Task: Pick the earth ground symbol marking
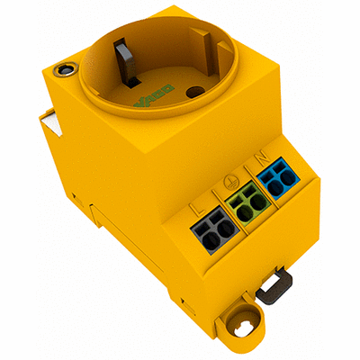[232, 183]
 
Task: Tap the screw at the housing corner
[62, 67]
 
